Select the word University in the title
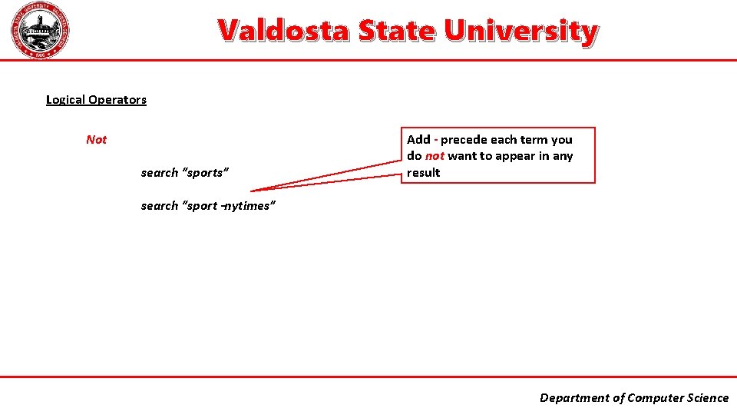pos(520,31)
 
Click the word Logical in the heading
pos(65,99)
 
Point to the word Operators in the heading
pos(117,99)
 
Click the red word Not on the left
pos(97,139)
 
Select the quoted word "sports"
pos(204,172)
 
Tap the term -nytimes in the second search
pos(248,206)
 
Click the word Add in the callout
pos(418,139)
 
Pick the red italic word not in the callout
pos(435,156)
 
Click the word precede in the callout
pos(463,139)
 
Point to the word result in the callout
pos(424,172)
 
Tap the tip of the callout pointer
pos(252,190)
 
